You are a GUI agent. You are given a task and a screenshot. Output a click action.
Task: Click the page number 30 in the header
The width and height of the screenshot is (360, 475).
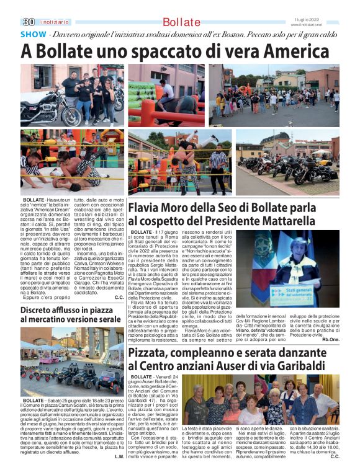pyautogui.click(x=27, y=22)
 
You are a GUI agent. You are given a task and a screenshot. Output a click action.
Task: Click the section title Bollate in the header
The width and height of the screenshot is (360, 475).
pyautogui.click(x=181, y=23)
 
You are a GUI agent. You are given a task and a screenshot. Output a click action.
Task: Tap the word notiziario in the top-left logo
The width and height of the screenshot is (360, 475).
pyautogui.click(x=52, y=22)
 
